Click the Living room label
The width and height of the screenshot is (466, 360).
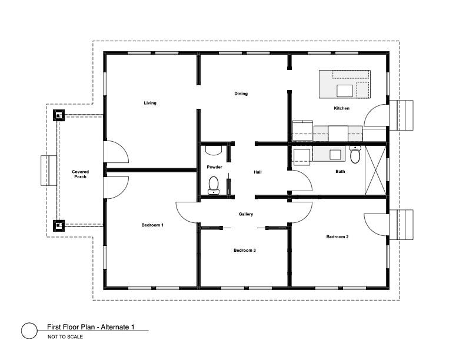tap(150, 103)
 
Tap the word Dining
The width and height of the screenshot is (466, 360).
tap(241, 94)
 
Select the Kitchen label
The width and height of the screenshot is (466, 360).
tap(341, 108)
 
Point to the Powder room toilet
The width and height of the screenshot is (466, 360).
tap(214, 185)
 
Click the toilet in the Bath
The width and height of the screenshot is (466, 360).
tap(355, 154)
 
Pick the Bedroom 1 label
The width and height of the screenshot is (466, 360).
tap(152, 225)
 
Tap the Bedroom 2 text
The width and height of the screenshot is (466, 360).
tap(337, 236)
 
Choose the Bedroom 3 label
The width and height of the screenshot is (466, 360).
tap(245, 251)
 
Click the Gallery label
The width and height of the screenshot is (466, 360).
tap(246, 214)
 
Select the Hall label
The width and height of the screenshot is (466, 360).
tap(258, 172)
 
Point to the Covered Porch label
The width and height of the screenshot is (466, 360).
tap(80, 174)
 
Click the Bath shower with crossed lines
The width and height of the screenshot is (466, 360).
tap(375, 170)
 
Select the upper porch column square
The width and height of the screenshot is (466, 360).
tap(59, 115)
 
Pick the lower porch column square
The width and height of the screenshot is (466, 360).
tap(59, 226)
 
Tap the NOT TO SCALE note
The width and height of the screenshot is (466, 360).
tap(65, 337)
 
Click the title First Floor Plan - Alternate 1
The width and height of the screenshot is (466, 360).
tap(91, 327)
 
